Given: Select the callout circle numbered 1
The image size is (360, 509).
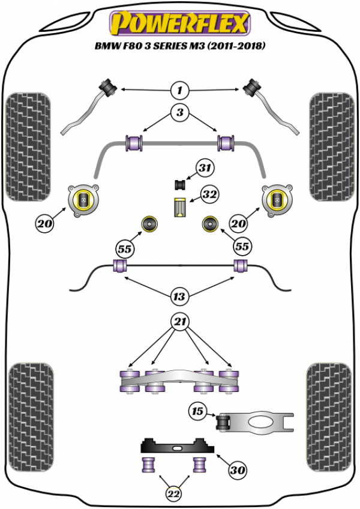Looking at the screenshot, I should pos(179,91).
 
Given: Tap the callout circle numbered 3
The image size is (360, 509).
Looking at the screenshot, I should pos(179,112).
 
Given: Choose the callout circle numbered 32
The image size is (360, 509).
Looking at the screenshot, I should pos(209,195).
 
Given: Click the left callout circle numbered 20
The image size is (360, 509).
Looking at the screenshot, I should pos(44,224).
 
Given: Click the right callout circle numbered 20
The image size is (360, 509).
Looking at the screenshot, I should pos(239,224).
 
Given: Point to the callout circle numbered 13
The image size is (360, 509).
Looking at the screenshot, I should pos(179,296).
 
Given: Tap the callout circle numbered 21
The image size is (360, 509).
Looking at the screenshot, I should pos(179,322).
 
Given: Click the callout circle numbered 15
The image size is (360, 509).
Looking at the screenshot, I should pos(197,412).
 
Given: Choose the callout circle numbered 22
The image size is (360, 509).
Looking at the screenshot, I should pos(173,493).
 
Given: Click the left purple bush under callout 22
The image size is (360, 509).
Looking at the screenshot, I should pos(148,464).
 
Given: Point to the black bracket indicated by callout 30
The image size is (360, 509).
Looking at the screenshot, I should pos(178,448).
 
